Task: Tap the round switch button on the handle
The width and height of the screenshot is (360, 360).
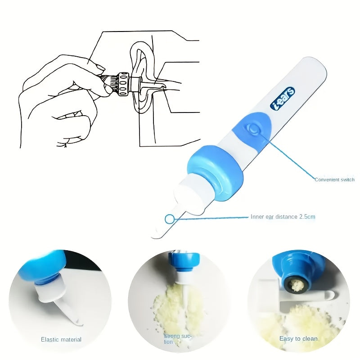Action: pos(254,130)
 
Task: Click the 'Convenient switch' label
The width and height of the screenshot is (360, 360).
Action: pos(334,180)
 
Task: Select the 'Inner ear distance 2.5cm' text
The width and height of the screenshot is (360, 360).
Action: pos(283,217)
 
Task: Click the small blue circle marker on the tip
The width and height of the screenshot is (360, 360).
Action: pos(169,219)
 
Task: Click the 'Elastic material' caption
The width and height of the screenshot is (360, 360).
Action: pos(61,339)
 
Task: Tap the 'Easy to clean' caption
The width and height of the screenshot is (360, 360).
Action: pos(298,339)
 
